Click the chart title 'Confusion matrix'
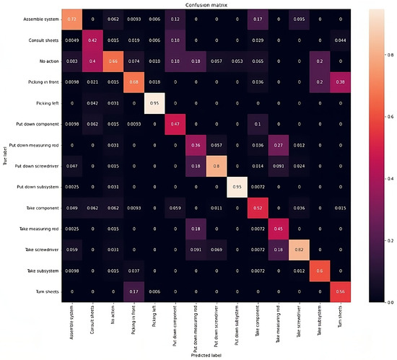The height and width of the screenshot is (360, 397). pos(196,4)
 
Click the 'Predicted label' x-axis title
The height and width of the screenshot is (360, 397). pos(196,355)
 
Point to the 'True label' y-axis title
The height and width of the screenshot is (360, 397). pos(4,155)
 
